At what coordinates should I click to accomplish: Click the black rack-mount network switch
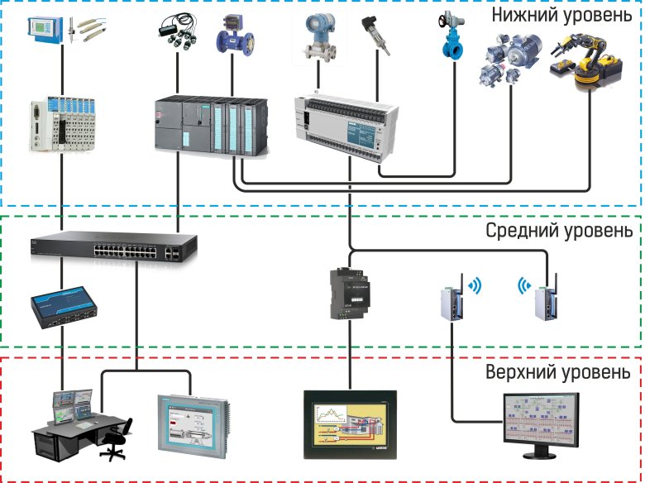point(114,245)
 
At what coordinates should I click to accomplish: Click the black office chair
point(116,438)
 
